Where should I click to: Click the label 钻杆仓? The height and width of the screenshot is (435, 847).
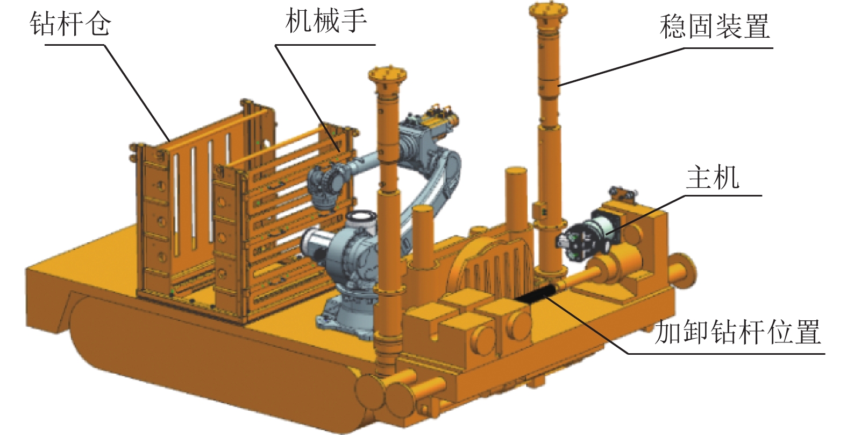(70, 24)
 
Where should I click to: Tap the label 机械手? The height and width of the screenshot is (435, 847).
(326, 22)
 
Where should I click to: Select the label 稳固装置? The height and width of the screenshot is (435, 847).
(715, 26)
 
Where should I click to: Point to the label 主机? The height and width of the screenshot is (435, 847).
(713, 177)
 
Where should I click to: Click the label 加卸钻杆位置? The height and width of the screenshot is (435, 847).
(737, 332)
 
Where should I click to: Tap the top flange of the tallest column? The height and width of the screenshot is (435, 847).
(549, 9)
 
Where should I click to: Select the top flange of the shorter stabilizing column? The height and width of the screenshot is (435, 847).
(387, 74)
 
